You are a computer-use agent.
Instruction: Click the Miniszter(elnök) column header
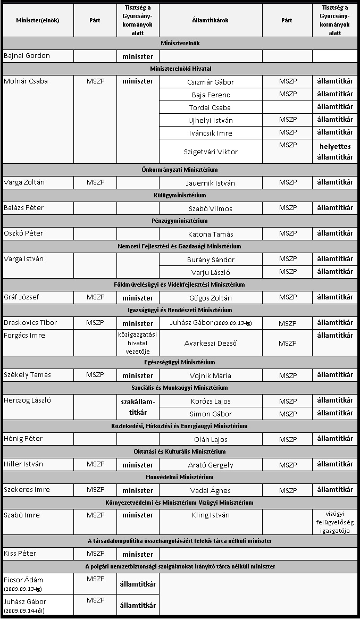point(38,20)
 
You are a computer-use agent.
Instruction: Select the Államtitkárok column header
point(211,20)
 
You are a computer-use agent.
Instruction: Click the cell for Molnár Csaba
point(26,81)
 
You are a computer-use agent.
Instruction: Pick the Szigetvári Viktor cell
point(211,152)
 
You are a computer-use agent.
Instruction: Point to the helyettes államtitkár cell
point(335,152)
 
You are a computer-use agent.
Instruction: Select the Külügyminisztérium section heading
point(180,195)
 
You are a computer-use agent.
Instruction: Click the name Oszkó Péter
point(23,233)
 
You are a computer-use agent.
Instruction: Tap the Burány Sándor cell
point(211,260)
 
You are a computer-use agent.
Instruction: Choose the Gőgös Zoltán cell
point(211,298)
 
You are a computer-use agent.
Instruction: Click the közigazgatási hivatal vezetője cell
point(138,342)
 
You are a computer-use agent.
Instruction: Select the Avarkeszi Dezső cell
point(211,343)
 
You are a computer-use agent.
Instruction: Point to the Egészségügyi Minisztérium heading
point(180,362)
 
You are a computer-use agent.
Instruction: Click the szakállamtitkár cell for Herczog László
point(138,407)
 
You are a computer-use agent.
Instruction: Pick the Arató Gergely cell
point(211,465)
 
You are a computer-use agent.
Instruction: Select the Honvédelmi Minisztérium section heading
point(180,477)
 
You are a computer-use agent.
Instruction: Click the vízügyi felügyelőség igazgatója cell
point(335,522)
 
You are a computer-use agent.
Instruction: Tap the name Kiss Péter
point(20,554)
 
